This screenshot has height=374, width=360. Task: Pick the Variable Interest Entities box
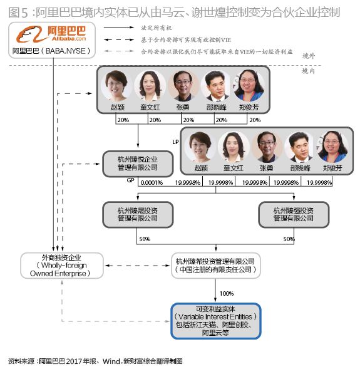(216, 320)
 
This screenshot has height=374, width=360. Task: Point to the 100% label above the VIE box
(227, 293)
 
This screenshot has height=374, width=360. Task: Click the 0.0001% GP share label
(152, 182)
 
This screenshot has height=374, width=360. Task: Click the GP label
(131, 180)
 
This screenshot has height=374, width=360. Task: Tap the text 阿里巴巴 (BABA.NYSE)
(51, 50)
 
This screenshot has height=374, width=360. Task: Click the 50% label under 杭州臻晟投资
(143, 239)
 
